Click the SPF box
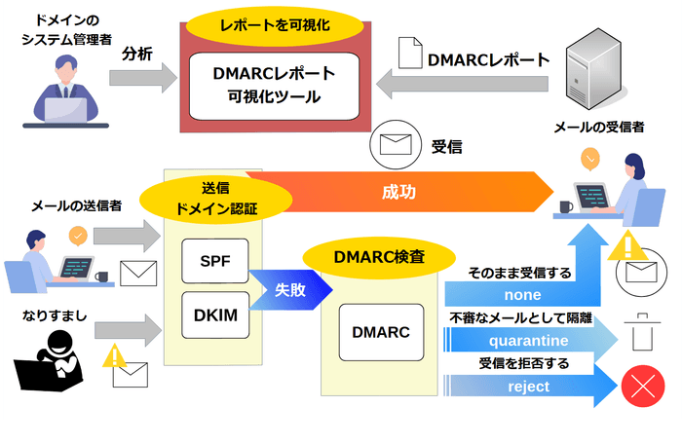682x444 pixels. pos(215,262)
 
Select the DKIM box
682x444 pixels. pos(215,316)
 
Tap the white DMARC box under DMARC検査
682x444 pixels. pos(380,332)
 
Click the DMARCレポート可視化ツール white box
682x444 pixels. pos(274,85)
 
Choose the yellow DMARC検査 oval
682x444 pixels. pos(379,257)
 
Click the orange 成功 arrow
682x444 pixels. pos(399,192)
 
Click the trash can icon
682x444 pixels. pos(641,331)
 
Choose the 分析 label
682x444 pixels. pos(136,55)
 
